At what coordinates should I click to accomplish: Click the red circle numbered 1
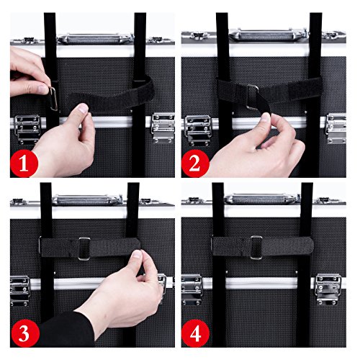(x=24, y=163)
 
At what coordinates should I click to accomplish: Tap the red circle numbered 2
(x=195, y=163)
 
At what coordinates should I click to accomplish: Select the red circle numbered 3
(x=24, y=333)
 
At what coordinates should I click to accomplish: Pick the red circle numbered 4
(x=195, y=333)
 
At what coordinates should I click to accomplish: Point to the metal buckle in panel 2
(x=253, y=97)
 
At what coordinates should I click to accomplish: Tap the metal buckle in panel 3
(x=84, y=248)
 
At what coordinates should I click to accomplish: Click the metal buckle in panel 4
(x=256, y=248)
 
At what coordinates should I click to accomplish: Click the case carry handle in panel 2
(x=269, y=35)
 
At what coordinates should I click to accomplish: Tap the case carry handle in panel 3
(x=87, y=199)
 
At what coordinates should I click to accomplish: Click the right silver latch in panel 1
(x=163, y=127)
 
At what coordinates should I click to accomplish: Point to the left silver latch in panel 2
(x=197, y=130)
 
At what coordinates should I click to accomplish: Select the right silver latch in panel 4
(x=328, y=289)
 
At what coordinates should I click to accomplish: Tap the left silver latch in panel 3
(x=20, y=290)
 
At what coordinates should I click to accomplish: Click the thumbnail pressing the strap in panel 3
(x=137, y=254)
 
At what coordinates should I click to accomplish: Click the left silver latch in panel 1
(x=27, y=130)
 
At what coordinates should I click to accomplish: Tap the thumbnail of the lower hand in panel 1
(x=83, y=109)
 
